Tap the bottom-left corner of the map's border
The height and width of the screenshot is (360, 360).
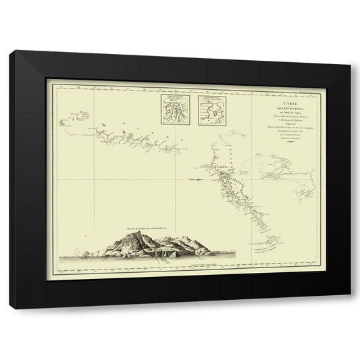click(49, 271)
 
